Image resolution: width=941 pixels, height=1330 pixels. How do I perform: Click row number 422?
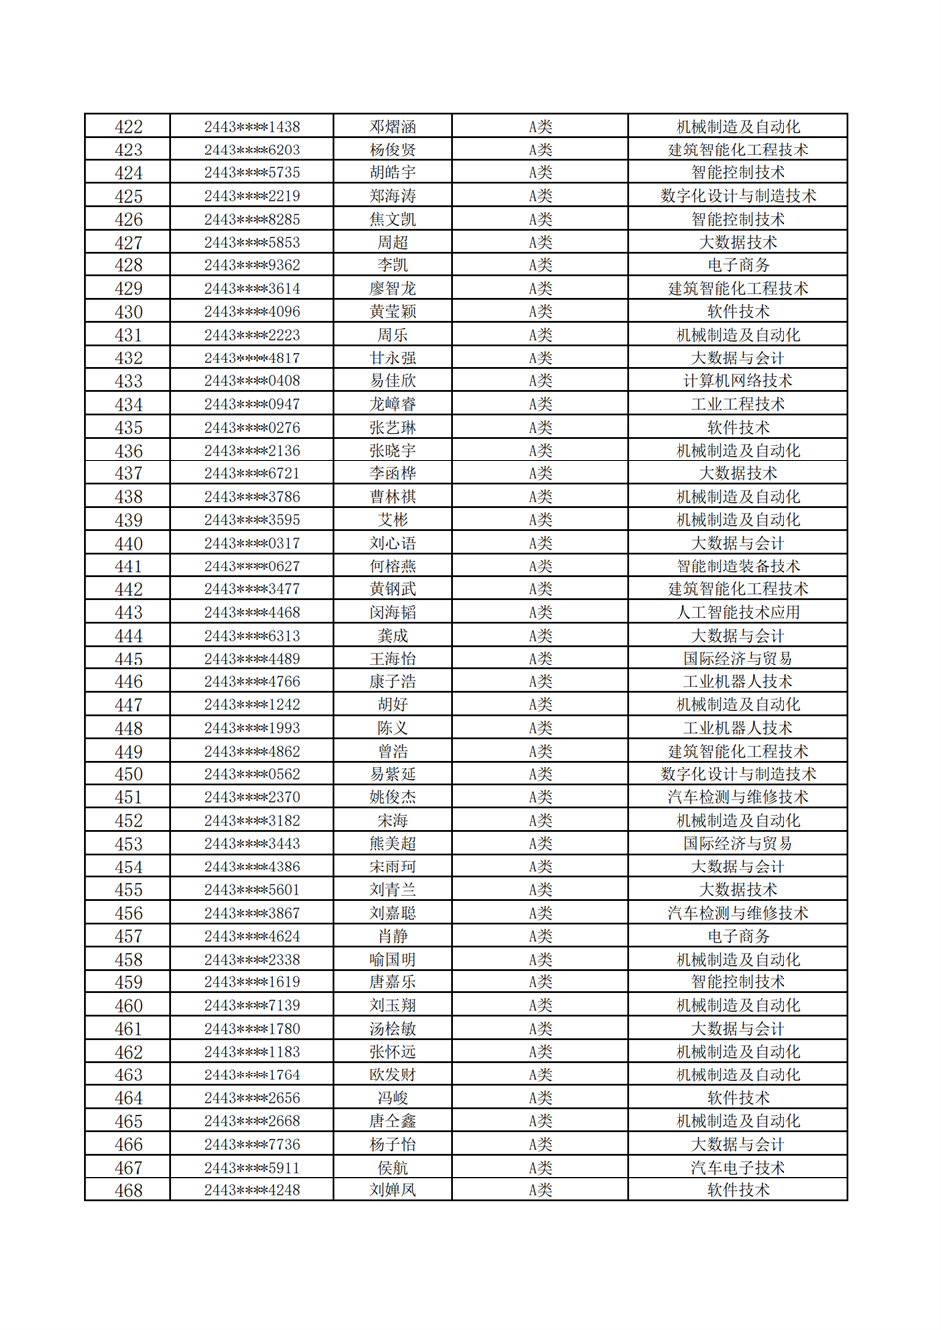(x=128, y=127)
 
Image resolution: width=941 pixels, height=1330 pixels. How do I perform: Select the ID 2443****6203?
(x=252, y=150)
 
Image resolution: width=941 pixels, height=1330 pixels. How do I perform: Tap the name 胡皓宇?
(x=392, y=173)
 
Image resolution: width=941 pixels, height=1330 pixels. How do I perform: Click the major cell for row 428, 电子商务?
(x=738, y=265)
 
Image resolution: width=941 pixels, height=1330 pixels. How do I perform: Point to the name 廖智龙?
(x=392, y=288)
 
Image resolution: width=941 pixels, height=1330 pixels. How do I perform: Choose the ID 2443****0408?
(x=252, y=381)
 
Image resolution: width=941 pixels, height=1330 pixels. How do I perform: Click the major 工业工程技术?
(x=738, y=404)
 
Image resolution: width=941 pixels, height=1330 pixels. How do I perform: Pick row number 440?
(x=128, y=543)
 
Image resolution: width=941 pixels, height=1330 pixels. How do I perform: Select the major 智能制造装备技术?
(x=738, y=566)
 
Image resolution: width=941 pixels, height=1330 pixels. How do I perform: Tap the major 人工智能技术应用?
(x=738, y=612)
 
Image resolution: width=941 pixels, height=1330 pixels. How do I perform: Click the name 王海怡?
(x=392, y=659)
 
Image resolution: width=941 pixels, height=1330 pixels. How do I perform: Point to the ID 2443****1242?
(x=252, y=705)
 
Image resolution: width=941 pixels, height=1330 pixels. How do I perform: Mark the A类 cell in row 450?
(x=540, y=774)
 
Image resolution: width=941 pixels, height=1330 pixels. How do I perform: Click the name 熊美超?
(x=392, y=844)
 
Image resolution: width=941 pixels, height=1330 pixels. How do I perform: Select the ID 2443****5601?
(x=252, y=890)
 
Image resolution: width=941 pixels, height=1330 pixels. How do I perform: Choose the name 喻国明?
(x=392, y=960)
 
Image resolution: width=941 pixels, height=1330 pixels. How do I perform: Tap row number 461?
(x=128, y=1029)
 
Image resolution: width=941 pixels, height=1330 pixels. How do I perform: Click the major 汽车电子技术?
(x=738, y=1168)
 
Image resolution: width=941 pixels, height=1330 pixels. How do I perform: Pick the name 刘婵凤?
(x=392, y=1190)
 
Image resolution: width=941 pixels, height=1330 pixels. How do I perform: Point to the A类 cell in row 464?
(x=540, y=1098)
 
